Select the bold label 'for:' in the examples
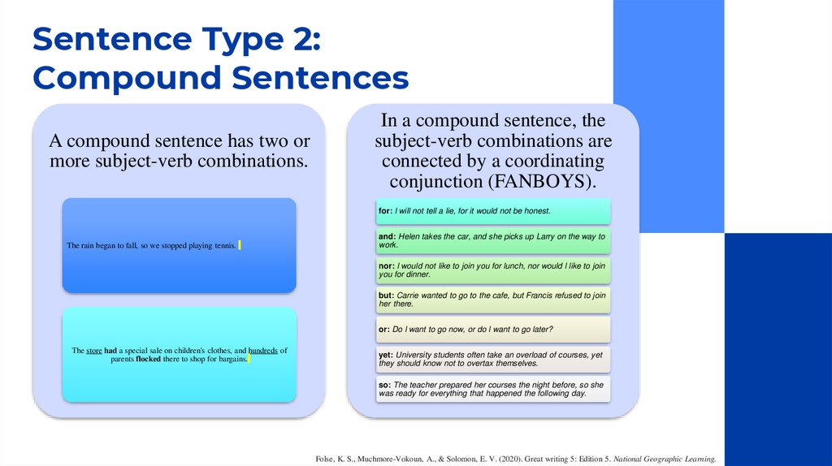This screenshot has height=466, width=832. click(x=386, y=211)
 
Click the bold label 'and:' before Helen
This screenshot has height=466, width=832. click(x=387, y=236)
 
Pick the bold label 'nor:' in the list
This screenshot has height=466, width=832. click(x=387, y=265)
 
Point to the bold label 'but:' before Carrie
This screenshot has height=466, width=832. click(x=387, y=296)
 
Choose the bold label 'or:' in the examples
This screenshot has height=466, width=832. click(x=384, y=329)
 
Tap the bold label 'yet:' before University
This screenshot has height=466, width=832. click(x=386, y=355)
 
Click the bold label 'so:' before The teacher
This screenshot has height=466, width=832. click(x=384, y=385)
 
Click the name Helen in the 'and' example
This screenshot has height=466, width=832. click(x=410, y=236)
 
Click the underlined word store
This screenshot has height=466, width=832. click(x=94, y=351)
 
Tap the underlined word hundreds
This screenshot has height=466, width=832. click(x=262, y=351)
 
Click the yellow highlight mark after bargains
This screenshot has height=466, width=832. click(x=249, y=359)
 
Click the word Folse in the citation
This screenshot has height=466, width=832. click(x=325, y=460)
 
